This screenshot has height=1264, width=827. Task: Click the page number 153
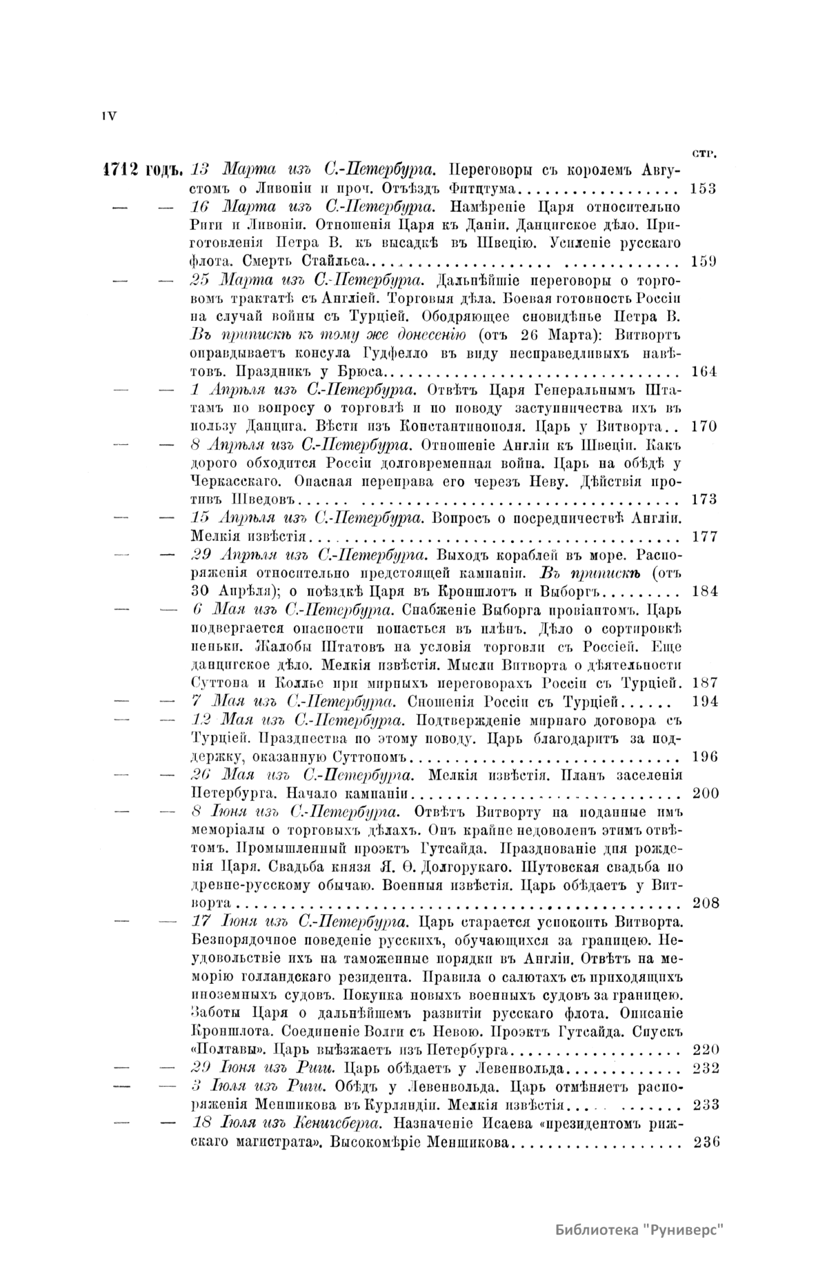point(703,188)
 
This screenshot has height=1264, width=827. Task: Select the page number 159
point(703,261)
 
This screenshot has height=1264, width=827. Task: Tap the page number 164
point(703,371)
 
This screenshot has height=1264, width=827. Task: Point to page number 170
point(703,426)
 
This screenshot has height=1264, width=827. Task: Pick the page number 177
point(703,536)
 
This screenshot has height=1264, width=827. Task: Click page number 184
point(703,591)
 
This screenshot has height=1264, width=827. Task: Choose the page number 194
point(704,701)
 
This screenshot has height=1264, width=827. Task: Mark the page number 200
point(704,793)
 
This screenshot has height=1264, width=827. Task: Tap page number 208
point(704,902)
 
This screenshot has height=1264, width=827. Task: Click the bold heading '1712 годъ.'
point(141,170)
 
